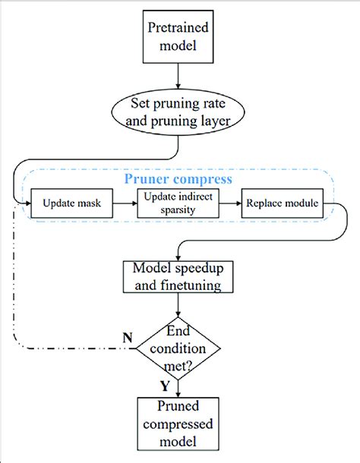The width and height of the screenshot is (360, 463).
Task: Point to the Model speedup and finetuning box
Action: tap(177, 277)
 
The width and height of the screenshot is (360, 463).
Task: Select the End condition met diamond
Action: tap(177, 348)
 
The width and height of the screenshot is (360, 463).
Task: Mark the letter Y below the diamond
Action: tap(165, 386)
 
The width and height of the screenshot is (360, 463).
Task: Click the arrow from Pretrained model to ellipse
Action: tap(177, 76)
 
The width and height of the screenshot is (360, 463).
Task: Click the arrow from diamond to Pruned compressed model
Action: tap(177, 386)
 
